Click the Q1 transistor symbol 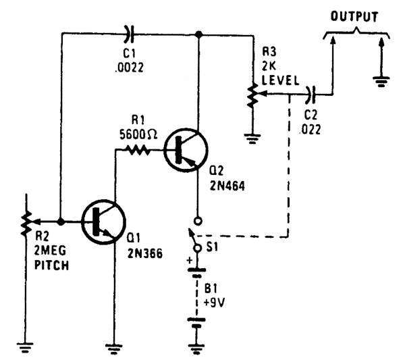coord(103,222)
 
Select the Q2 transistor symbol coord(186,150)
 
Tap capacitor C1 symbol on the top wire coord(130,34)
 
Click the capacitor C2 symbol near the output coord(310,95)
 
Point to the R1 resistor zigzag coord(138,150)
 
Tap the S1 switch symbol coord(197,234)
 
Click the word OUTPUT coord(354,16)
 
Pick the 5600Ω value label coord(138,134)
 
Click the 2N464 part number coord(227,186)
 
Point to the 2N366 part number coord(145,253)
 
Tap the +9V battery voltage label coord(214,303)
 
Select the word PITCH coord(52,265)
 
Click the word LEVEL coord(281,80)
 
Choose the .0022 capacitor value coord(130,68)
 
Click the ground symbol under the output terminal coord(381,82)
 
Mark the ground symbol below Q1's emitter coord(113,349)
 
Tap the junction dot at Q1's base coord(61,222)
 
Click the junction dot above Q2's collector coord(198,34)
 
